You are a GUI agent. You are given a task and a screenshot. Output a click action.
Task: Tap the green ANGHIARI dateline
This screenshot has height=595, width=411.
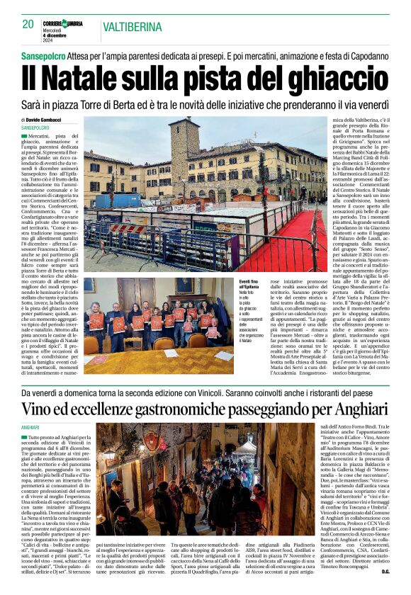click(30, 428)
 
